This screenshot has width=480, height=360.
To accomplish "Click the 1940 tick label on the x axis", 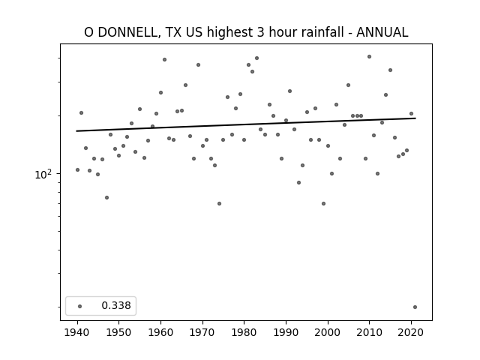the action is click(x=77, y=333).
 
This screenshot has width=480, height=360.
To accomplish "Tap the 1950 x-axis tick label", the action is click(x=119, y=333).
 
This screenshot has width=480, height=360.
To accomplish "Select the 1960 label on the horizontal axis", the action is click(x=161, y=333).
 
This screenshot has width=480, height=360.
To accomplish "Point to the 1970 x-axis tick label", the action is click(x=202, y=333).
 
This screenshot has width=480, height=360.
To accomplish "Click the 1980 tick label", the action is click(x=244, y=333).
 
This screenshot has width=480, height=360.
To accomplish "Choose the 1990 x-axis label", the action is click(x=286, y=333).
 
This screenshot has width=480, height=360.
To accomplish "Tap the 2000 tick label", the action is click(x=328, y=333).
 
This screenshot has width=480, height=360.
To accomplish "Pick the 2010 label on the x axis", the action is click(x=370, y=333).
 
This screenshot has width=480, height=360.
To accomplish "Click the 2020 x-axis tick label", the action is click(x=411, y=333).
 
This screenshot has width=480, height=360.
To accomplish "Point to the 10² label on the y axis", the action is click(x=43, y=175).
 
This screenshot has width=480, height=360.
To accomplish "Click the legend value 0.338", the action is click(x=116, y=305).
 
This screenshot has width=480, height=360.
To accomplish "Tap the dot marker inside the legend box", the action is click(x=80, y=306).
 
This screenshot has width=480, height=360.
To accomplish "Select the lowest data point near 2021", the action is click(x=415, y=307).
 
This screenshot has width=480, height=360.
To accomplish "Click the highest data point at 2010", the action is click(x=370, y=57).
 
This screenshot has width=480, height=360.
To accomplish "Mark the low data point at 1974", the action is click(x=220, y=203).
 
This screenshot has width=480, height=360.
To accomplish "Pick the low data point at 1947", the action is click(x=106, y=198).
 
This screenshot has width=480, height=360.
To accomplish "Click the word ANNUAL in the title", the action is click(x=382, y=32).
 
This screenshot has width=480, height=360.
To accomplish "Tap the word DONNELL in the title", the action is click(x=129, y=32).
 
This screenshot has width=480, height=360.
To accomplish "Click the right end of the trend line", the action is click(x=415, y=118).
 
